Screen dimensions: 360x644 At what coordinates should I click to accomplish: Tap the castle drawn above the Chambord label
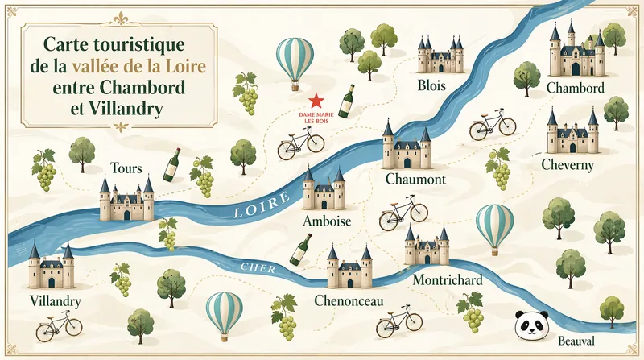[x=576, y=52]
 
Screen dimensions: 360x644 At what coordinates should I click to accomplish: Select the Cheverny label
[x=568, y=164]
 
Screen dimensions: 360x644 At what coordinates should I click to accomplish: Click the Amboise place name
[x=325, y=221]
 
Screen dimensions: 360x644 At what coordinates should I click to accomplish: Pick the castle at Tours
[x=126, y=199]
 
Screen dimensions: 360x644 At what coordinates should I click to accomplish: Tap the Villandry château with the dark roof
[x=51, y=267]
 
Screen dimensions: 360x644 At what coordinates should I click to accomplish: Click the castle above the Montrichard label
[x=427, y=246]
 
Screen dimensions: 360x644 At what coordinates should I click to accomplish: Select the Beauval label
[x=579, y=341]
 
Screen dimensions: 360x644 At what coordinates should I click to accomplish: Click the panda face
[x=530, y=325]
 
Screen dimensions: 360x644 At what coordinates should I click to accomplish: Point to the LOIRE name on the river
[x=260, y=208]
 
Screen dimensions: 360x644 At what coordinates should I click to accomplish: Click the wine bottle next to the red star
[x=347, y=101]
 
